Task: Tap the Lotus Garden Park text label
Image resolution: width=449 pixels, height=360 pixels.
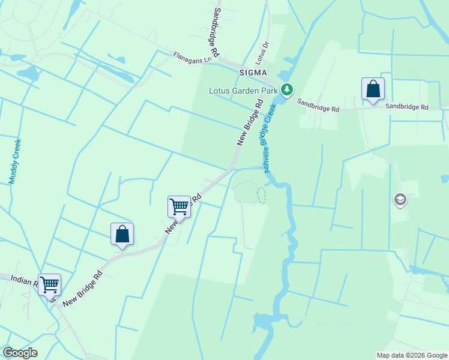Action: coord(243,91)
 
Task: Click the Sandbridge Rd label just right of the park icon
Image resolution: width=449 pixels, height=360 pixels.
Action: coord(318,106)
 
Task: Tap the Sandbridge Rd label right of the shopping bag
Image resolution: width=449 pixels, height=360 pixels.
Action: coord(407,107)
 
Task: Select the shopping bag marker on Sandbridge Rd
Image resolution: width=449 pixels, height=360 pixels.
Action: coord(373,89)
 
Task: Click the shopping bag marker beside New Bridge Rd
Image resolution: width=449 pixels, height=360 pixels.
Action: coord(122,234)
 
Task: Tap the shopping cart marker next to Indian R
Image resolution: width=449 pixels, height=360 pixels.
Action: coord(49,284)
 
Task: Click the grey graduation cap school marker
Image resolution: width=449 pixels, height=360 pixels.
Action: coord(400,199)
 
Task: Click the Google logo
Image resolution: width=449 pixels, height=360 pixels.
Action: coord(19,353)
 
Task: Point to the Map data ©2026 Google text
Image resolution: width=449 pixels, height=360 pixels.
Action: coord(411,355)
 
